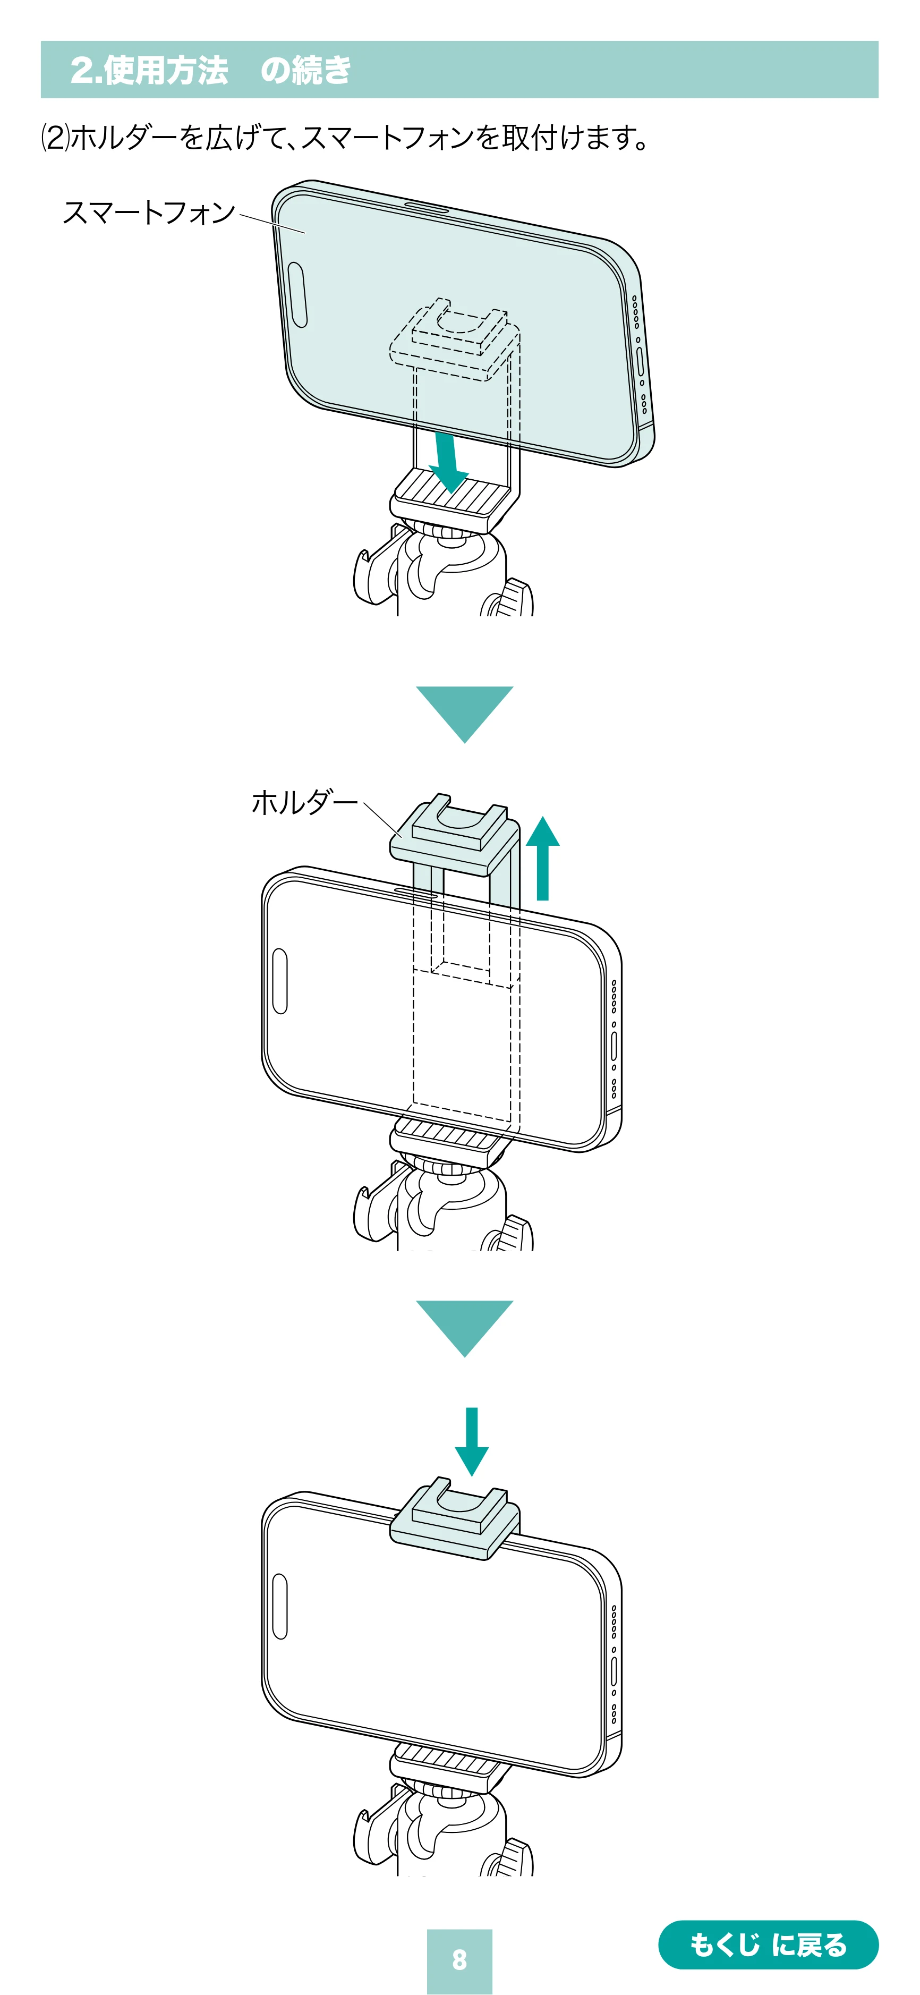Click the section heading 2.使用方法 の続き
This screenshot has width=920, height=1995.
click(x=211, y=70)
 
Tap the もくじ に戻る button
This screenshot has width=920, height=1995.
click(x=768, y=1944)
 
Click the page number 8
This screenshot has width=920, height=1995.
click(x=459, y=1959)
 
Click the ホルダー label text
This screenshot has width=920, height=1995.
click(x=304, y=802)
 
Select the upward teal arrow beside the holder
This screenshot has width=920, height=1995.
click(x=542, y=858)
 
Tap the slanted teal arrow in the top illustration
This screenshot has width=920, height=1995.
click(x=447, y=462)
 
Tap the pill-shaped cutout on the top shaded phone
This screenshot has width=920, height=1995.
click(x=297, y=294)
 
